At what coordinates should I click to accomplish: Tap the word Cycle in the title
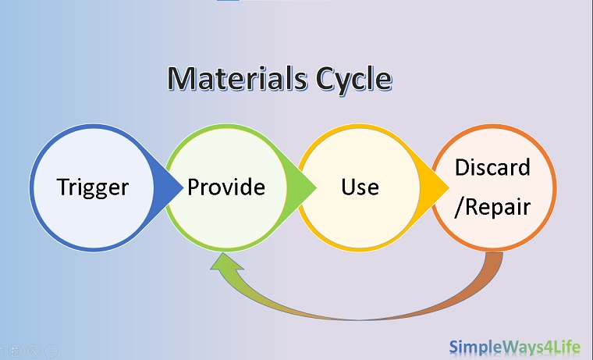pyautogui.click(x=350, y=78)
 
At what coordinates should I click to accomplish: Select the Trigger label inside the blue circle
pyautogui.click(x=93, y=187)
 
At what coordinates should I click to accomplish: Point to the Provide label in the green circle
pyautogui.click(x=226, y=187)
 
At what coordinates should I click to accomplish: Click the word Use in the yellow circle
pyautogui.click(x=360, y=187)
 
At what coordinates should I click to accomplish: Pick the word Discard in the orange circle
pyautogui.click(x=492, y=168)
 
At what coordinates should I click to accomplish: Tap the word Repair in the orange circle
pyautogui.click(x=499, y=208)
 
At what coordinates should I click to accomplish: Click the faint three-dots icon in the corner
pyautogui.click(x=51, y=351)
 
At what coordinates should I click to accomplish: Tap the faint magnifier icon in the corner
pyautogui.click(x=32, y=351)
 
